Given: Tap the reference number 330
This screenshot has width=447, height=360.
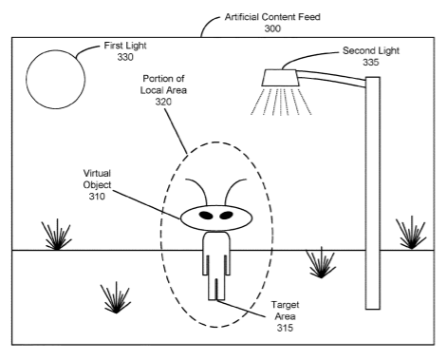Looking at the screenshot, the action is (125, 57).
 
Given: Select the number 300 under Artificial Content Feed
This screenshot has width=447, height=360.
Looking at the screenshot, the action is (272, 28).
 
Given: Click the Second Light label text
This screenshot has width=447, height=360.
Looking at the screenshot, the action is (371, 50).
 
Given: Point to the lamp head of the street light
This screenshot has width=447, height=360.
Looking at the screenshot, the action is (281, 78).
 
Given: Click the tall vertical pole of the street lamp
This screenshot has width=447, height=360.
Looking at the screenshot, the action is (373, 193).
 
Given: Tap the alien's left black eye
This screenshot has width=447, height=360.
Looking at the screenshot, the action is (206, 216).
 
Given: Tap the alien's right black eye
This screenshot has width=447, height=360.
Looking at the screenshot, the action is (226, 216).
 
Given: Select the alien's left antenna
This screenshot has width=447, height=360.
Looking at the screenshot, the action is (198, 187).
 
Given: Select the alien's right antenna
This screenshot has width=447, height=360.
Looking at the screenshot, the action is (232, 187).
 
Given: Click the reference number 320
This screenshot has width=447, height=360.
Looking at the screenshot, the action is (163, 102).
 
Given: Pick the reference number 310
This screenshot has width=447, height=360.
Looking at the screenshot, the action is (97, 197).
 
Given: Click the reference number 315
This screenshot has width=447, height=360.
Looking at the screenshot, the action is (285, 328).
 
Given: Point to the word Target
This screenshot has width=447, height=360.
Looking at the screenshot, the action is (285, 305).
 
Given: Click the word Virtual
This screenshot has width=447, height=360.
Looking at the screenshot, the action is (97, 173).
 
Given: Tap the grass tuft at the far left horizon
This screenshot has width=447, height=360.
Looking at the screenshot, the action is (56, 235).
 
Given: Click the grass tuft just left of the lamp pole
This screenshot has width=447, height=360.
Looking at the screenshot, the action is (321, 262).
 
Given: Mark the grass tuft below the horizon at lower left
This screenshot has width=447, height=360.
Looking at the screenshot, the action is (116, 297).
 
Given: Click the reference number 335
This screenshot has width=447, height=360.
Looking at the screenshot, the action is (371, 62).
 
